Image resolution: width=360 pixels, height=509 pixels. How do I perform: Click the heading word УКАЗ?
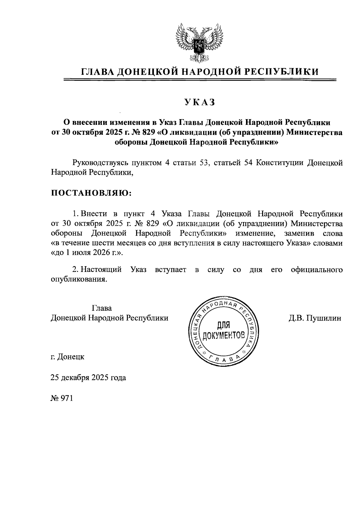click(200, 103)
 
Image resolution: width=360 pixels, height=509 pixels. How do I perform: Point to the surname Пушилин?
click(325, 318)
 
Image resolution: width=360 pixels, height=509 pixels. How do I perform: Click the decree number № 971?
click(62, 398)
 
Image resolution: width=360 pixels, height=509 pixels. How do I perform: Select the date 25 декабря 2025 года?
click(88, 378)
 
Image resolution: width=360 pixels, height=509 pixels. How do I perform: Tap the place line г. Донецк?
click(67, 357)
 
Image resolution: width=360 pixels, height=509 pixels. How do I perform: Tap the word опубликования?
click(79, 279)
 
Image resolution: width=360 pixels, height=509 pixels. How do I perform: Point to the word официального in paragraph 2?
click(316, 270)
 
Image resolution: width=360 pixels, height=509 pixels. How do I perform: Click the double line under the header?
click(200, 80)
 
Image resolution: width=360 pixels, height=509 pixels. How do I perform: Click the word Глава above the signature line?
click(102, 308)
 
